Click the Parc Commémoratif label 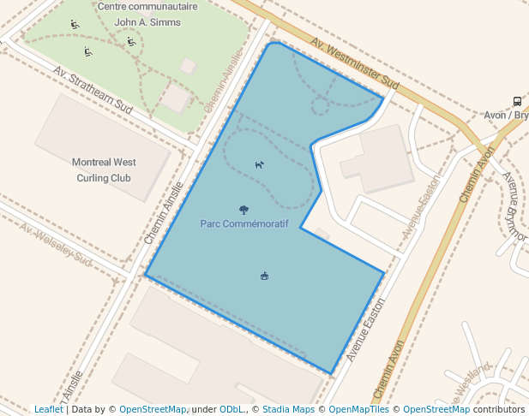(x=244, y=223)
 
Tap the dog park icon (x=259, y=164)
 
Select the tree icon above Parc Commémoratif (x=244, y=210)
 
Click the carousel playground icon (x=264, y=276)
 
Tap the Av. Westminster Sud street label (x=355, y=64)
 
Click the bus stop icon (x=517, y=101)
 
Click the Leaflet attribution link (x=49, y=409)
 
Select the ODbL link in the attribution (x=231, y=409)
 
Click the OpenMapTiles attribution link (x=358, y=409)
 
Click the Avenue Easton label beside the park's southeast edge (x=366, y=329)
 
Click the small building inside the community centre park (x=188, y=66)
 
